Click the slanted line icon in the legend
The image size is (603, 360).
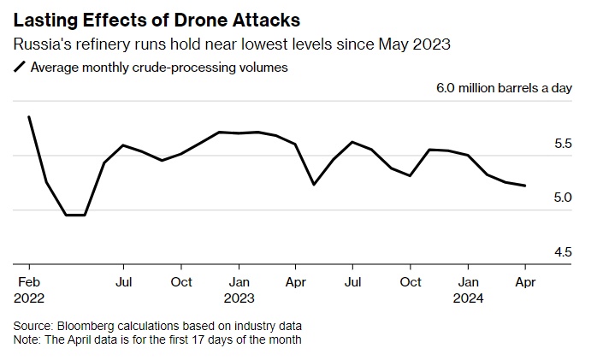(x=21, y=68)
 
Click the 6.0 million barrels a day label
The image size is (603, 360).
(x=504, y=88)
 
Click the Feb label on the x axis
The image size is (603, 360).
(x=27, y=281)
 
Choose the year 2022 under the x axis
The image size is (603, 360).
(x=30, y=298)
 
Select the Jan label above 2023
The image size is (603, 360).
(x=239, y=281)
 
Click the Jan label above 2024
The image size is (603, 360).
(x=468, y=281)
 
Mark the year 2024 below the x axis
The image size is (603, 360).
(x=470, y=298)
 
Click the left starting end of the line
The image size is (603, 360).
(x=29, y=117)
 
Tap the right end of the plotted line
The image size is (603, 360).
(x=525, y=186)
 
